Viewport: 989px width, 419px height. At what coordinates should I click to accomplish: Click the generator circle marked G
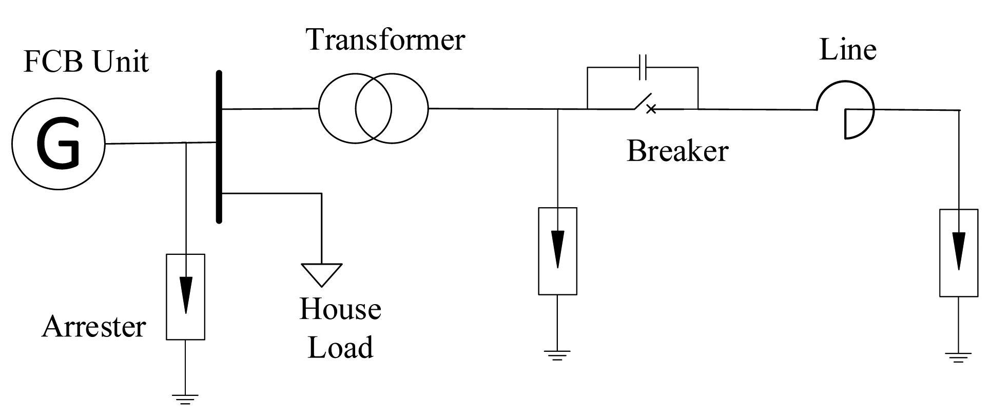click(x=58, y=144)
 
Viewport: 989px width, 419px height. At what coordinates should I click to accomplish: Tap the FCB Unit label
click(x=86, y=62)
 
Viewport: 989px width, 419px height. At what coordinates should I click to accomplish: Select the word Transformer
click(x=385, y=40)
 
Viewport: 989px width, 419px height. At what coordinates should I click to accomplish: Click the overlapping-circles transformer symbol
click(x=373, y=108)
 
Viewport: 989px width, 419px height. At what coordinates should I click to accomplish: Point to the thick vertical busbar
click(x=219, y=147)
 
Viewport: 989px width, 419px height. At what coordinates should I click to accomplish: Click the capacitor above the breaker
click(x=643, y=67)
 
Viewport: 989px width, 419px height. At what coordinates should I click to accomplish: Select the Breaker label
click(x=677, y=152)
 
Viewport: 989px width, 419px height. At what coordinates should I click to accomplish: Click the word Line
click(x=847, y=50)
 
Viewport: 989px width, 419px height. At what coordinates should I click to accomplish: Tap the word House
click(x=340, y=309)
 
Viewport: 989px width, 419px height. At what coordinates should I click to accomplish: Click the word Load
click(x=340, y=347)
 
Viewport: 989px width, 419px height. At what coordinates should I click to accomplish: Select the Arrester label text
click(x=94, y=327)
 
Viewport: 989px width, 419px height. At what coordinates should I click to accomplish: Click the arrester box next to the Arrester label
click(x=185, y=296)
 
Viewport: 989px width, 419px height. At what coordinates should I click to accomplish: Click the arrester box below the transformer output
click(x=557, y=251)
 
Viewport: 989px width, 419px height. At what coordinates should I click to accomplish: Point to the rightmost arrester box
click(x=958, y=252)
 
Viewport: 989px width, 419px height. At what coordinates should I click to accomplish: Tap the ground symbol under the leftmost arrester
click(x=185, y=398)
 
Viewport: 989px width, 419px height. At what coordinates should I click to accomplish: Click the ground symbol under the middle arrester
click(x=557, y=354)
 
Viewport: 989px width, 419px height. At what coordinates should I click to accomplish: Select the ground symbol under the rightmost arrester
click(x=958, y=356)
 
